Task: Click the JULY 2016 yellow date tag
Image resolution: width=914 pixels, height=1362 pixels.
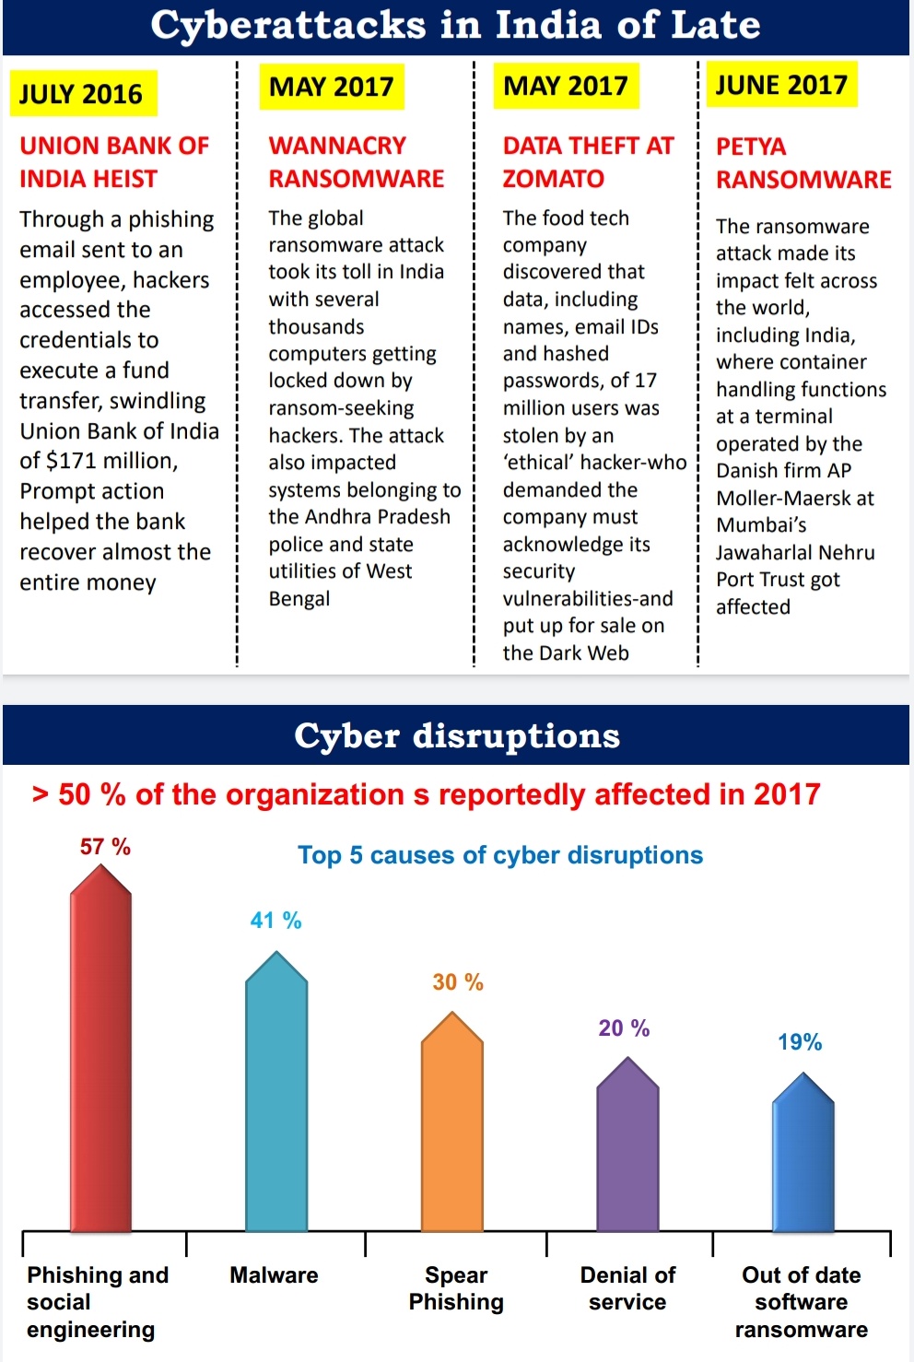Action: (x=82, y=94)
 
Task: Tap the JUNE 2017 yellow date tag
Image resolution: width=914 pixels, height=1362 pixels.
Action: (x=781, y=86)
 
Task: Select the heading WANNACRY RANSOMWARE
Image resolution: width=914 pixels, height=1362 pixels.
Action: (x=356, y=162)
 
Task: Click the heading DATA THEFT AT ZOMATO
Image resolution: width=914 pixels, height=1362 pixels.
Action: (x=588, y=162)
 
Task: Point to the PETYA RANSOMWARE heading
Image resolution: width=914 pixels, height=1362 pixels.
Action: (x=803, y=163)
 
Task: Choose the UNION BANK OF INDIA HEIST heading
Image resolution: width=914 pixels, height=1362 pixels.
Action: (x=114, y=162)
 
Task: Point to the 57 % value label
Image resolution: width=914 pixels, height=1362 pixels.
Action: (x=105, y=847)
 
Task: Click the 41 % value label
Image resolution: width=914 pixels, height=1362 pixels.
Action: (x=275, y=921)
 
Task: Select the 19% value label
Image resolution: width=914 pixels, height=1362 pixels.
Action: (x=800, y=1042)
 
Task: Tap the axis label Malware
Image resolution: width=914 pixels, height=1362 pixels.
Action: (x=274, y=1275)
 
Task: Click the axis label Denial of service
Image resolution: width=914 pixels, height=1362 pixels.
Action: (x=627, y=1288)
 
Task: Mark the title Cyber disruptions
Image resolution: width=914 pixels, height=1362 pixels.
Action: (x=457, y=735)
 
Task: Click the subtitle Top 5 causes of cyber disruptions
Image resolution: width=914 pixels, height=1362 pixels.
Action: (x=500, y=855)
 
